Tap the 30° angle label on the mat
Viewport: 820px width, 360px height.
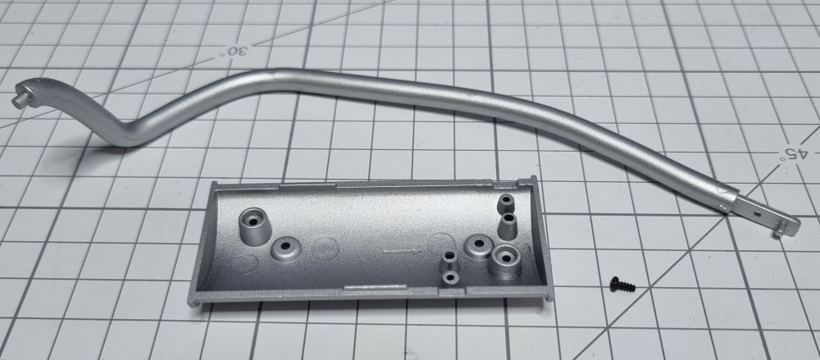point(235,52)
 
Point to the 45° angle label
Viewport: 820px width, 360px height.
point(793,153)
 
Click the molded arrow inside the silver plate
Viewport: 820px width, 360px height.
point(402,252)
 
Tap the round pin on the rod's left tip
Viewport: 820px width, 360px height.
point(20,100)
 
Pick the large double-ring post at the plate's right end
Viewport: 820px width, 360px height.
point(506,261)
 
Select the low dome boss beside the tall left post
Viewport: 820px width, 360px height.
point(286,248)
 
